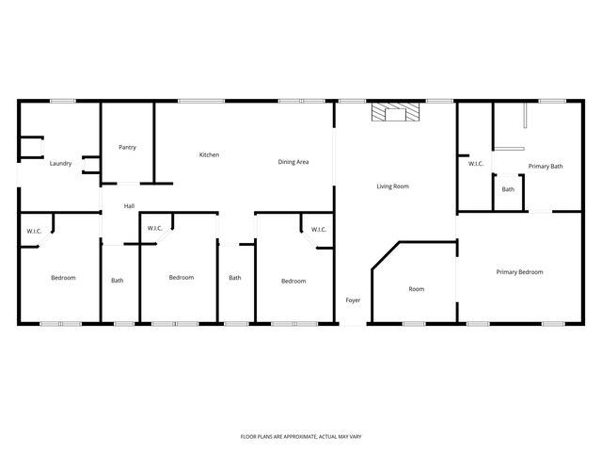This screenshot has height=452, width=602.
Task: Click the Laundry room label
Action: click(x=60, y=164)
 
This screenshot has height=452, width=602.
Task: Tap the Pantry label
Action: click(x=127, y=147)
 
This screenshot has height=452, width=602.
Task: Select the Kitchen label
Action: click(x=209, y=154)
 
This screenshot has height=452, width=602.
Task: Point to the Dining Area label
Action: click(x=293, y=162)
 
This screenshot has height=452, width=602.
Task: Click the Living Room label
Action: click(x=392, y=186)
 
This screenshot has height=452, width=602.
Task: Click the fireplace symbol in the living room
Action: click(x=395, y=114)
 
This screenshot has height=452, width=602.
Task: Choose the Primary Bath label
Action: click(x=546, y=167)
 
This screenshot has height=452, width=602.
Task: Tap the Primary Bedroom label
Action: click(x=519, y=272)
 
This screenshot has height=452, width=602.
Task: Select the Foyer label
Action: click(x=353, y=300)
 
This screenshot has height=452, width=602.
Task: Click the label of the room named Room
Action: click(x=417, y=289)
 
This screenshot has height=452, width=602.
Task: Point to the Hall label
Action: click(x=130, y=205)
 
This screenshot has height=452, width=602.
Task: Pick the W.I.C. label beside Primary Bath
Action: click(x=476, y=164)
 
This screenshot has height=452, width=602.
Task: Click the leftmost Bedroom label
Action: click(x=63, y=278)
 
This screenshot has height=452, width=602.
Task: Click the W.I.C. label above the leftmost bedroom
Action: click(x=34, y=231)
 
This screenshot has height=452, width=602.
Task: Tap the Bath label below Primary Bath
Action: click(x=508, y=189)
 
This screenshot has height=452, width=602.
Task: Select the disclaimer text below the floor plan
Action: click(x=301, y=438)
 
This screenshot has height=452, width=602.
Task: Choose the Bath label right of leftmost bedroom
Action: click(x=118, y=280)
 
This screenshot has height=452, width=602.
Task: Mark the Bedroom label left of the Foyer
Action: click(x=293, y=281)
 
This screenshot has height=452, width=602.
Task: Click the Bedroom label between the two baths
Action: click(x=181, y=277)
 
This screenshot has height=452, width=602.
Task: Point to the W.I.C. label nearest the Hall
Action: click(x=155, y=228)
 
